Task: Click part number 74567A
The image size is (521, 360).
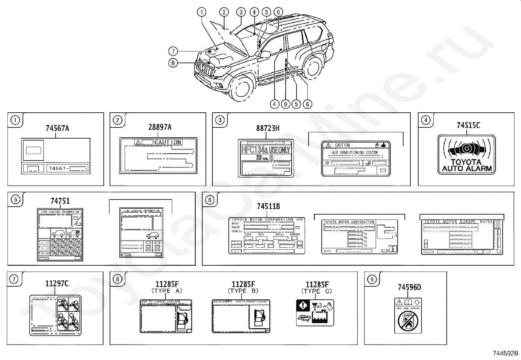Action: [57, 128]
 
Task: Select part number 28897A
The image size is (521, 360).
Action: [160, 127]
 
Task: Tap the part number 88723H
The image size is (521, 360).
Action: [268, 128]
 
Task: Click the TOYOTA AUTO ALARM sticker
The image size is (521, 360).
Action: [466, 154]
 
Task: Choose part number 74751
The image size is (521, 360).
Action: [60, 201]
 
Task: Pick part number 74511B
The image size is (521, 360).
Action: [268, 206]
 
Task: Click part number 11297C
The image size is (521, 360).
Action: [57, 284]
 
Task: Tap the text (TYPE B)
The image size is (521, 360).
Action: [243, 291]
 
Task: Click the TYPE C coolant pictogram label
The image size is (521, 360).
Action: [315, 313]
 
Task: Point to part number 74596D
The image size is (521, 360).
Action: [409, 287]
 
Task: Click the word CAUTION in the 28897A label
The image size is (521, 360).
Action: [168, 142]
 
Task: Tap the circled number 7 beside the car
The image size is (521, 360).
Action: [173, 51]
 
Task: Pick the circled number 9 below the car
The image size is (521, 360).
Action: [285, 104]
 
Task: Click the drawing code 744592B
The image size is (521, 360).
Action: [506, 353]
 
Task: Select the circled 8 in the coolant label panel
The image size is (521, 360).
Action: [117, 279]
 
